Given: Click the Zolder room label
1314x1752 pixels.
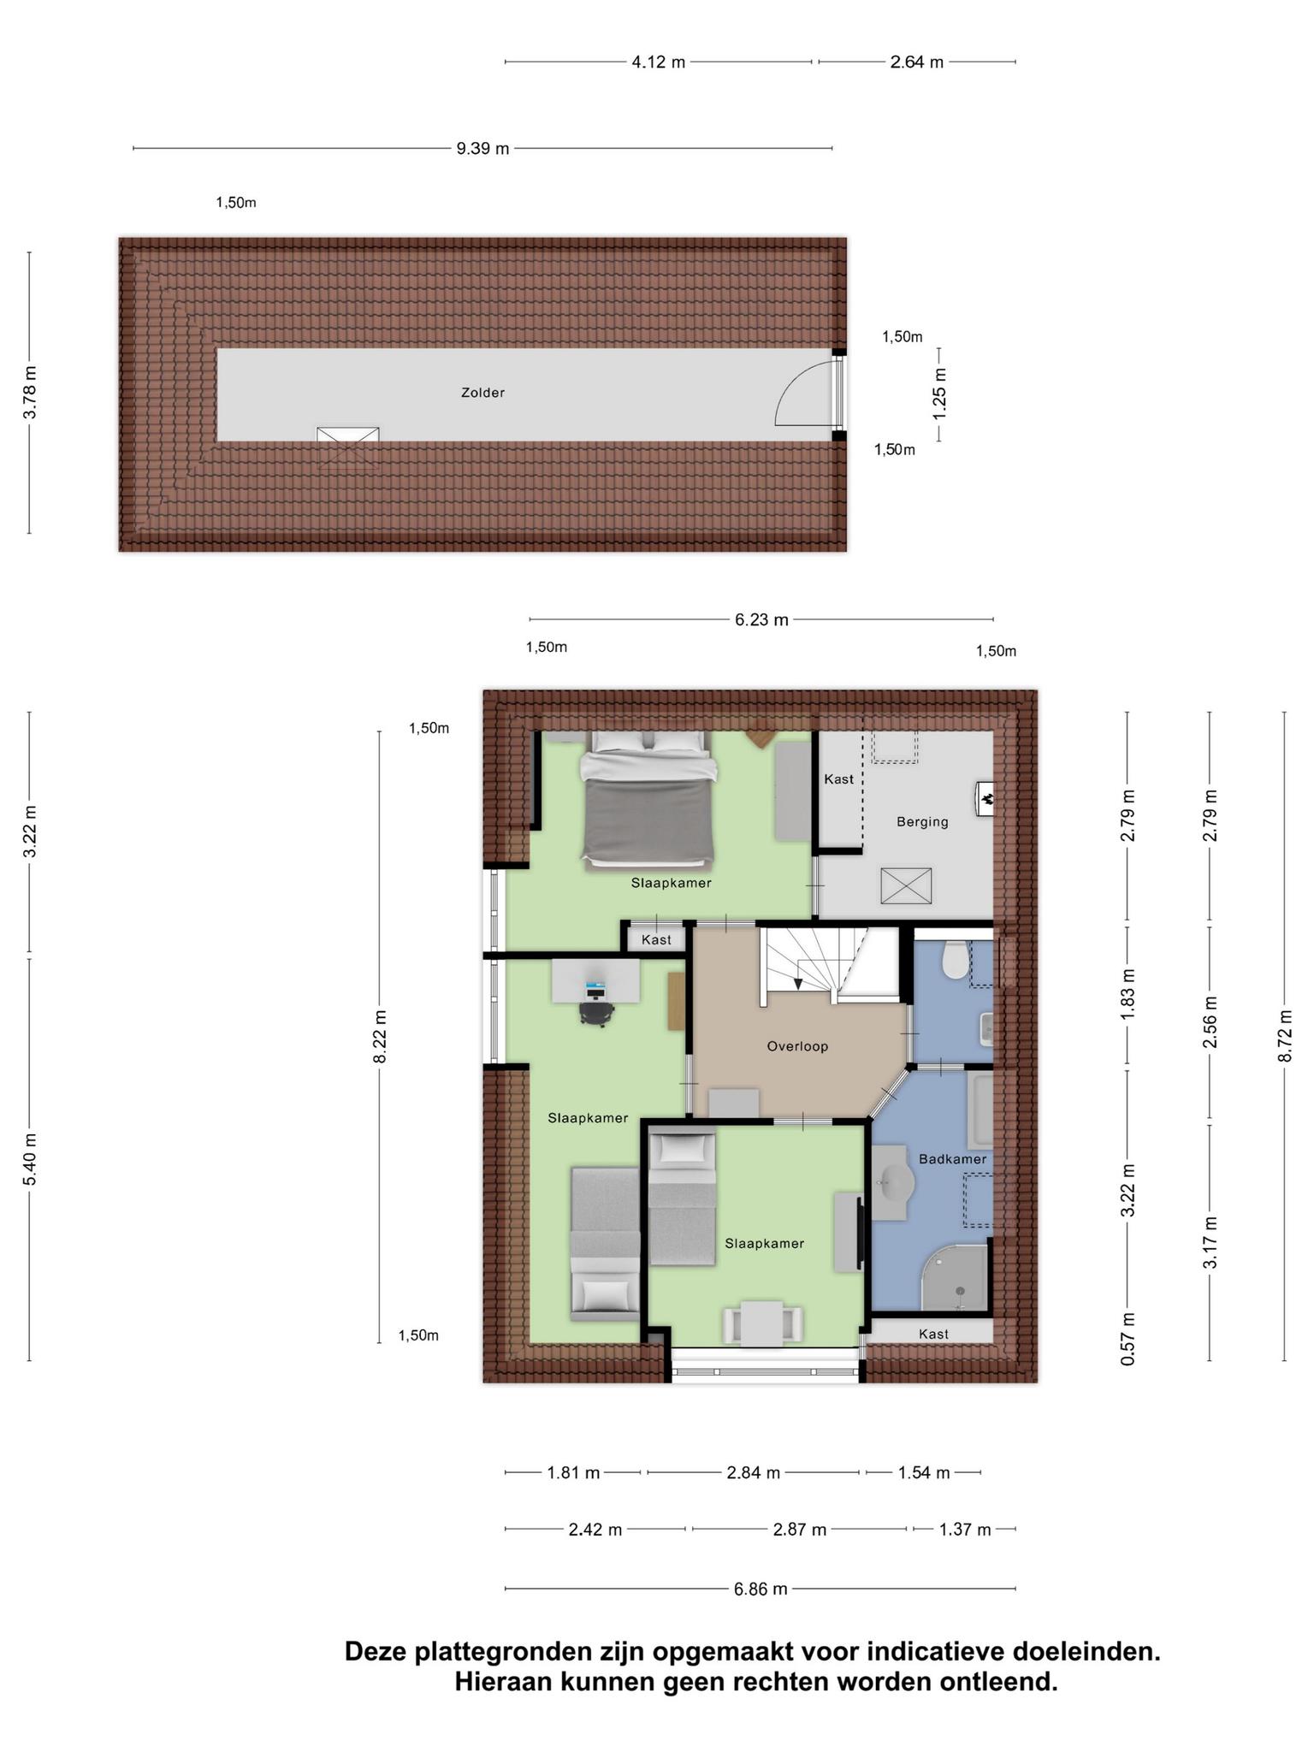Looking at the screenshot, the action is (x=482, y=393).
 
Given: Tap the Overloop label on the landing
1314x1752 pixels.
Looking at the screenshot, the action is (x=797, y=1046).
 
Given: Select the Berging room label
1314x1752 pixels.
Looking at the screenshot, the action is (x=922, y=822).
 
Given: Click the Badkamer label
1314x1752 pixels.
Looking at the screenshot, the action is (x=952, y=1159).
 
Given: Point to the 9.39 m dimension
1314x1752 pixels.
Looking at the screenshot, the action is (x=482, y=149).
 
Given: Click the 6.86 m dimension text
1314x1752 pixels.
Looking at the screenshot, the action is (x=761, y=1589).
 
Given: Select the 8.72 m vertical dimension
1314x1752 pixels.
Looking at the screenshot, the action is (x=1284, y=1036).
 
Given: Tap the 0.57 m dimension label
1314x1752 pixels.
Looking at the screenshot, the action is (x=1128, y=1338).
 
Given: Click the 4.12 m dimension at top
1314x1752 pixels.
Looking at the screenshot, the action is (x=659, y=62).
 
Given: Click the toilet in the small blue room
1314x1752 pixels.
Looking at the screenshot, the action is (x=954, y=959).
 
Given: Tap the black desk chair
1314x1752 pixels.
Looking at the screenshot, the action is (x=596, y=1011).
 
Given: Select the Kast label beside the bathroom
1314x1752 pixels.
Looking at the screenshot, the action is (x=933, y=1334).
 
